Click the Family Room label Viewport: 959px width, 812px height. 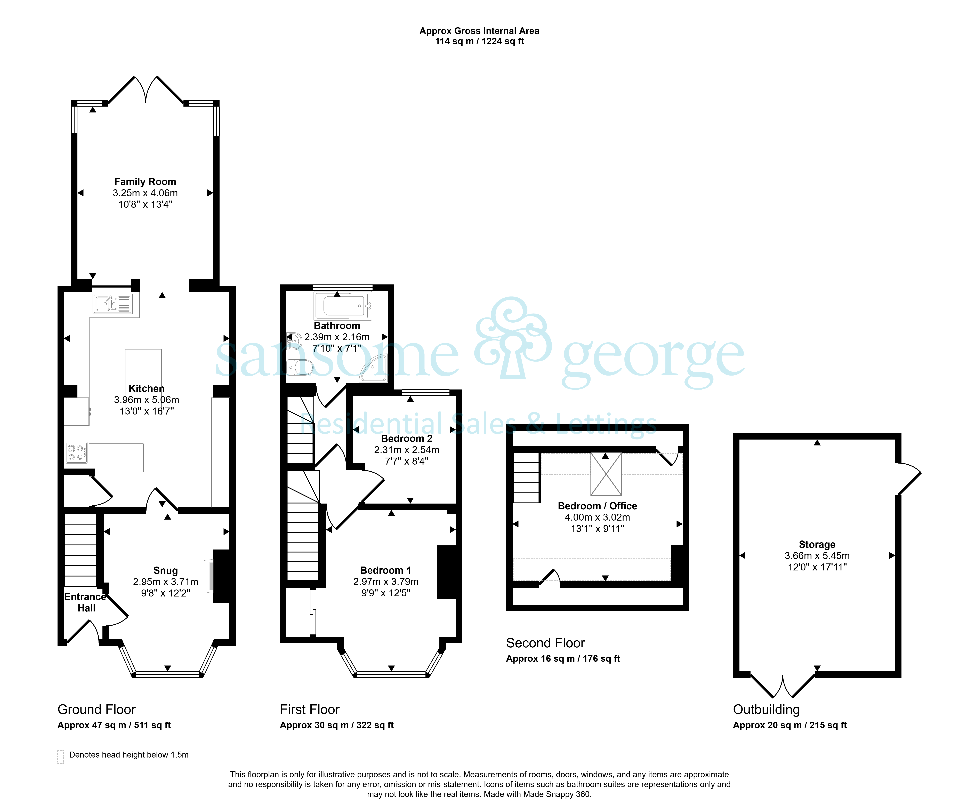pos(145,182)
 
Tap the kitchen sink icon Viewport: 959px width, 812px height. pos(113,304)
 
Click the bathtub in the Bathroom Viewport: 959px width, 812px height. pos(343,305)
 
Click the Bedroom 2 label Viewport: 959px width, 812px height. pos(407,439)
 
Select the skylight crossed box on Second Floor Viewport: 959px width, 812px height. pos(606,474)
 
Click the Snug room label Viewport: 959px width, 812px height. pos(166,571)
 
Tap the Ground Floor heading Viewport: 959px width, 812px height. pos(97,709)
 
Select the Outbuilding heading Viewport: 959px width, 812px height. pos(766,709)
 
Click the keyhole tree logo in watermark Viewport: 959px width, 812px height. pos(513,338)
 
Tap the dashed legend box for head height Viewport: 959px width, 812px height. pos(60,757)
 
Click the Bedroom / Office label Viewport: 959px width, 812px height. pos(597,506)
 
